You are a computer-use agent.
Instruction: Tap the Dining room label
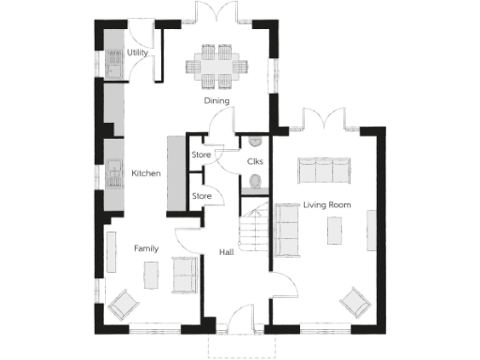click(x=217, y=99)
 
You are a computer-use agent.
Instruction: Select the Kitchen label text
click(x=145, y=173)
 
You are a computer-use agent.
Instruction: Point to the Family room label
click(x=145, y=248)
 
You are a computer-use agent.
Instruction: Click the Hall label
click(x=227, y=252)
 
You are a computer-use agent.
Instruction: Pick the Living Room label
click(x=326, y=204)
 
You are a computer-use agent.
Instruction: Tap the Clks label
click(x=255, y=162)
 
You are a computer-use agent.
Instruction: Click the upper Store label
click(x=201, y=155)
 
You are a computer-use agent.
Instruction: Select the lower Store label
click(x=201, y=196)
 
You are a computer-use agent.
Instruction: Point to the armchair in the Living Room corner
click(x=354, y=302)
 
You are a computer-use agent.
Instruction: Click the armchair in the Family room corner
click(x=123, y=304)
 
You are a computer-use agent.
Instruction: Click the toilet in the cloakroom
click(x=250, y=188)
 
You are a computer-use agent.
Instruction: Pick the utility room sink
click(x=113, y=66)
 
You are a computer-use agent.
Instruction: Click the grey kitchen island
click(x=174, y=173)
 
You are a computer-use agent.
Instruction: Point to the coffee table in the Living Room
click(x=335, y=231)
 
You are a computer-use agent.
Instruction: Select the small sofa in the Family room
click(x=185, y=273)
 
